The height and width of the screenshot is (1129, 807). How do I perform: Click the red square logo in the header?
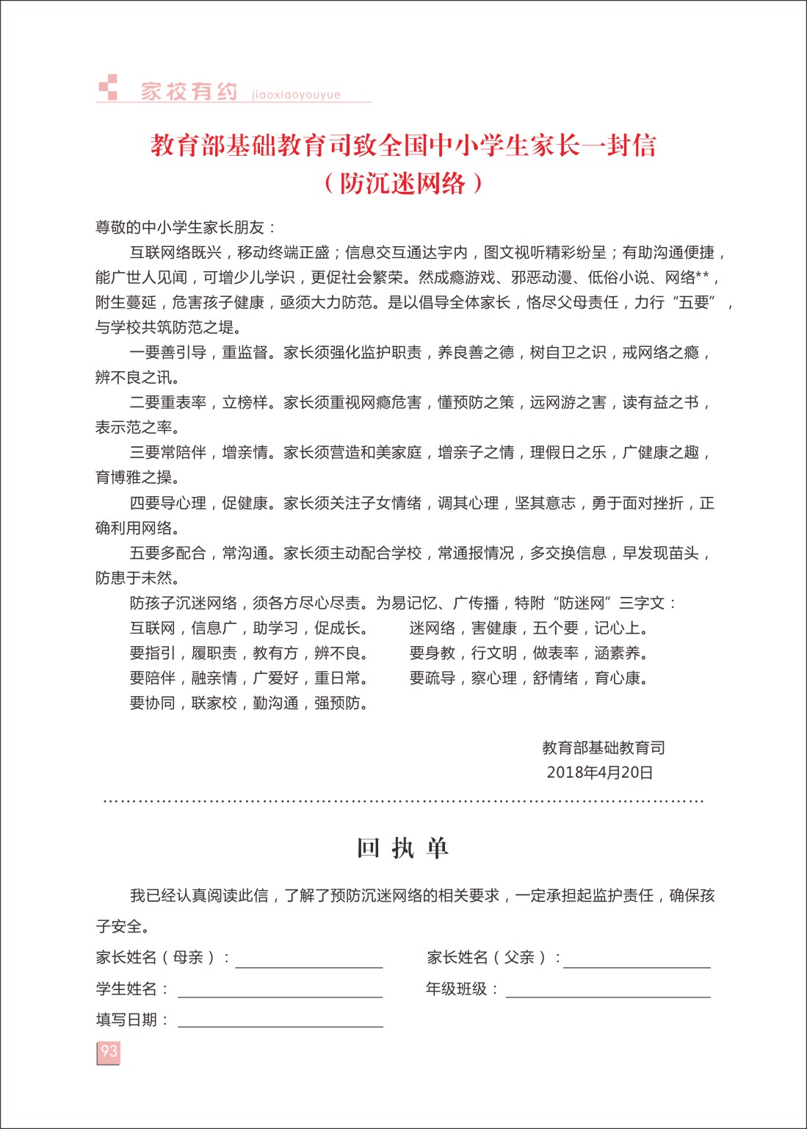click(109, 87)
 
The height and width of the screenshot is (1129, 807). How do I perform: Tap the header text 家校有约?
click(189, 91)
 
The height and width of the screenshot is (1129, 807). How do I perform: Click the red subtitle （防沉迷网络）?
click(403, 183)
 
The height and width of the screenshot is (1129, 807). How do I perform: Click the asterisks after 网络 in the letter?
click(702, 277)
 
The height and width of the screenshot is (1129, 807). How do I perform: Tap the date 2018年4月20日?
click(599, 772)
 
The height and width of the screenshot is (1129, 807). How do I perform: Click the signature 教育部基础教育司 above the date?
click(604, 748)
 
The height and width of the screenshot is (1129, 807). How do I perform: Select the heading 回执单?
click(402, 848)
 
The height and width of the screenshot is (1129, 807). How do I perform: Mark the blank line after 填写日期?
click(280, 1021)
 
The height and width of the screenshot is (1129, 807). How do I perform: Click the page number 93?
click(109, 1052)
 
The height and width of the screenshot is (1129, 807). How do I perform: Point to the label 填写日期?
click(126, 1019)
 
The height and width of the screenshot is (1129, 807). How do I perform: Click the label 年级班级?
click(457, 989)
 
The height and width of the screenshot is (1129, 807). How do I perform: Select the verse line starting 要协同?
click(248, 703)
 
